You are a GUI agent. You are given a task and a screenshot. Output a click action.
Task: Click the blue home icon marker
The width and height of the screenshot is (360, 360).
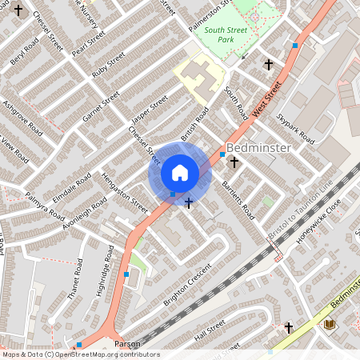(180, 173)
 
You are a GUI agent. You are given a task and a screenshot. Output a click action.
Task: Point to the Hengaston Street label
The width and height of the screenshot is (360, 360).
(125, 194)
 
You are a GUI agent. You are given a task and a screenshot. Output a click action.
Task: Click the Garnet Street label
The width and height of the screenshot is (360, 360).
(101, 106)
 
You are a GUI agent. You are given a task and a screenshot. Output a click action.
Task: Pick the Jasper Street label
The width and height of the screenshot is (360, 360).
(150, 112)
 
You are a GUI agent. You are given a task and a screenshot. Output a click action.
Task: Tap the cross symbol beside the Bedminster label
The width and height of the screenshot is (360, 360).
(234, 162)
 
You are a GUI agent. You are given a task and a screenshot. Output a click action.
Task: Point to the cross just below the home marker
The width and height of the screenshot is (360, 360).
(188, 203)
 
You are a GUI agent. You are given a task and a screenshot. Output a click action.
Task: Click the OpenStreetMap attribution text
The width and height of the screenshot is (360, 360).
(80, 354)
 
